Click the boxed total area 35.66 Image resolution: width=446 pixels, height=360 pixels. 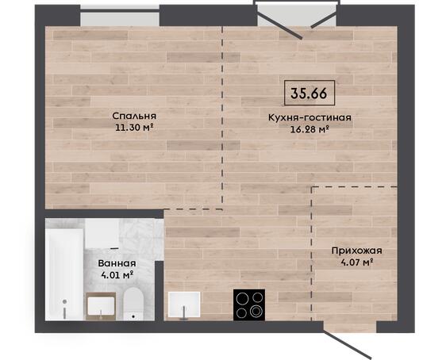coord(310,93)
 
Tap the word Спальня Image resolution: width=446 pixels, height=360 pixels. coord(134,116)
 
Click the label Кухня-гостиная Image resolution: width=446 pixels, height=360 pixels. coord(310,117)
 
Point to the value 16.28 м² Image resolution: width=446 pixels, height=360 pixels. coord(310,129)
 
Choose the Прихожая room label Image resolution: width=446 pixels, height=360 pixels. coord(356,251)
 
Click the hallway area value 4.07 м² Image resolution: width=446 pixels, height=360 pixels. coord(356,262)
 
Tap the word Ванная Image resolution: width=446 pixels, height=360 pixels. coord(117,263)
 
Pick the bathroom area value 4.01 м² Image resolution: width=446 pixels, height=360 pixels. coord(117,275)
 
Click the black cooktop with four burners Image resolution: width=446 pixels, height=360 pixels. coord(249,304)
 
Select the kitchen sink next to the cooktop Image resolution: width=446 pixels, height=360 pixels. coord(184,304)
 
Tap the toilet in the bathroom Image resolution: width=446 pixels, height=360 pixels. coord(133,304)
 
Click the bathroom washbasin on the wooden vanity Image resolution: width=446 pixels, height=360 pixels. coord(101,306)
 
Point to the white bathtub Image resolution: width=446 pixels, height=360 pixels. coord(64,274)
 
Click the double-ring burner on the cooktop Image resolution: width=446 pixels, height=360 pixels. coord(256,310)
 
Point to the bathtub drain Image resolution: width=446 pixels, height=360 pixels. coord(65,302)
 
